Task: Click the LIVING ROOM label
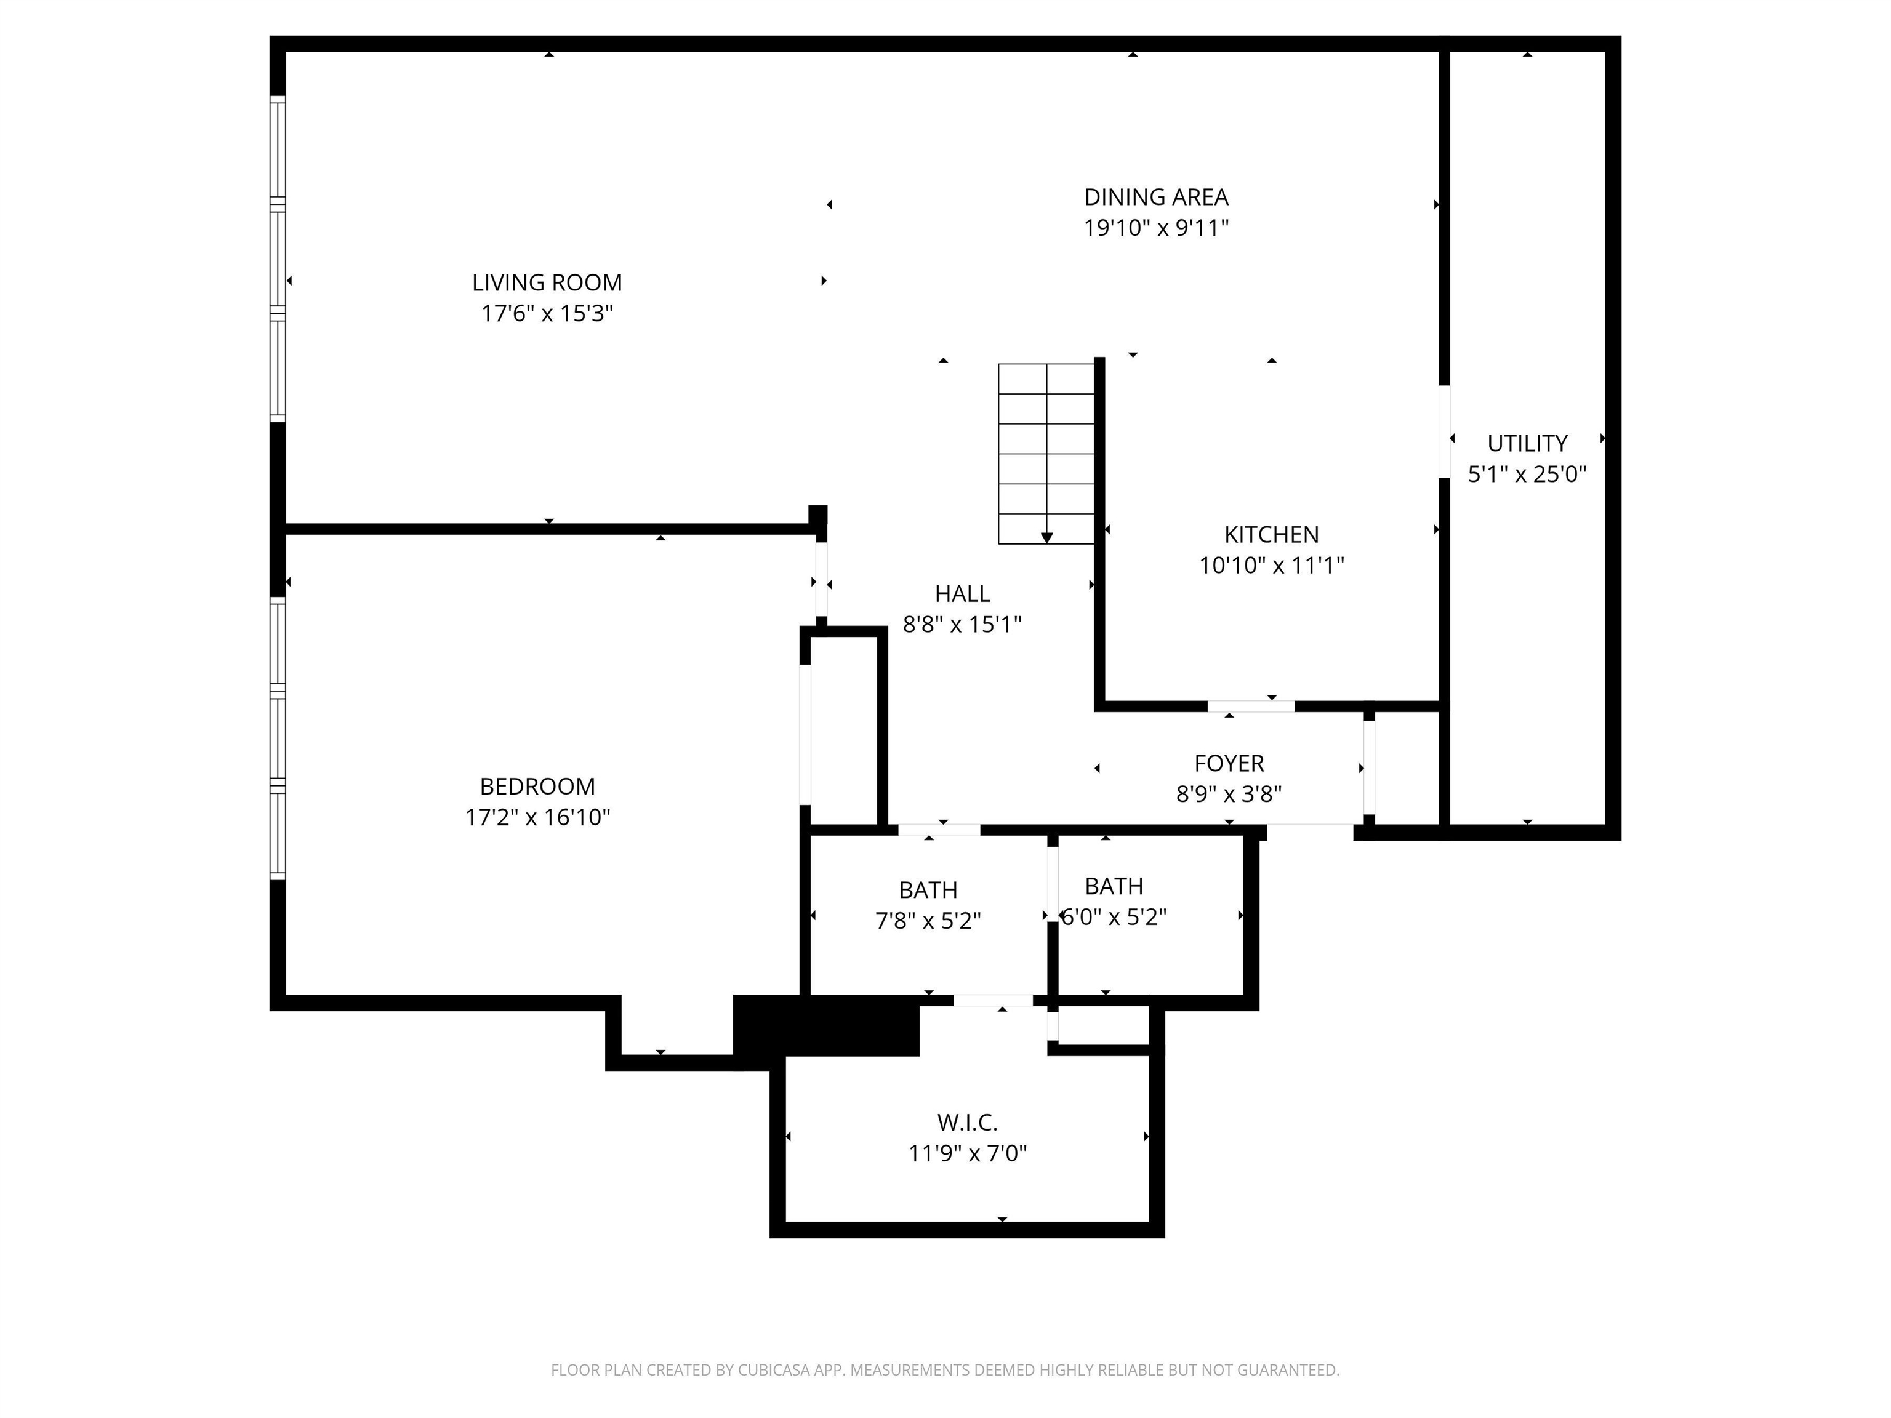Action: [547, 283]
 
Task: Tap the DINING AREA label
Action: [1156, 198]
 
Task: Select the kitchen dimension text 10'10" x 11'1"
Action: [1271, 566]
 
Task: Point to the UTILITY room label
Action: [1527, 444]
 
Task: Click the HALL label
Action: [963, 594]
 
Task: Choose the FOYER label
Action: [1229, 763]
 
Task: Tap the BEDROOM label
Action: [537, 787]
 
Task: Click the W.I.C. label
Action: [967, 1122]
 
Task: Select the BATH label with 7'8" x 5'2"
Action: [928, 891]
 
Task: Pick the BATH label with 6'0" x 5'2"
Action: [1113, 886]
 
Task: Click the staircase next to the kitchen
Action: [1046, 454]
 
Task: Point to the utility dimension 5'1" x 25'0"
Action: [1527, 475]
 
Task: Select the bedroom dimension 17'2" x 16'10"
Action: [537, 818]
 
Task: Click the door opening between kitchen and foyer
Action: [1251, 706]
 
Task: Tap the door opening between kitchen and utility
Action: [1444, 431]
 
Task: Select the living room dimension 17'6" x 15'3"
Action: [547, 314]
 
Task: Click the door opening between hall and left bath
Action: [939, 829]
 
